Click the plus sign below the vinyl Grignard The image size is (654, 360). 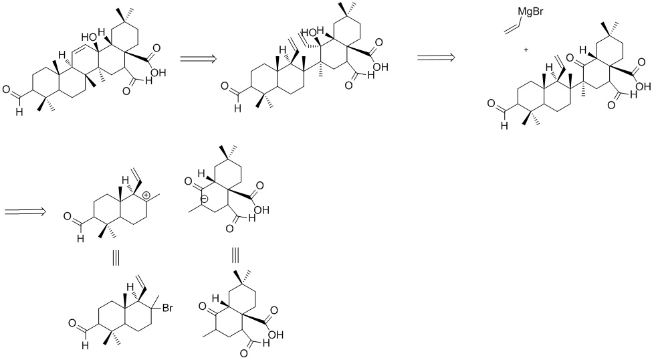527,50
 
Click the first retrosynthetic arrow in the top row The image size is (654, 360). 199,59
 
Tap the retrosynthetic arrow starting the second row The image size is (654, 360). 25,212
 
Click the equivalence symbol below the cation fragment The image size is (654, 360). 115,258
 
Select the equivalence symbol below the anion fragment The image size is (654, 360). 235,256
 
